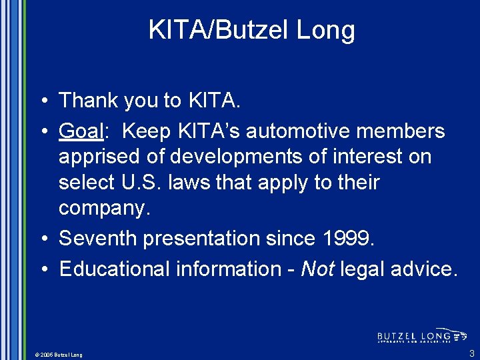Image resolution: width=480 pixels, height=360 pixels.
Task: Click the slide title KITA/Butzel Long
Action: pos(251,30)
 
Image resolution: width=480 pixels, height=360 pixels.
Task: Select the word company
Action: pos(104,207)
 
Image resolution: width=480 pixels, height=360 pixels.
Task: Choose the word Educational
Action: pos(115,269)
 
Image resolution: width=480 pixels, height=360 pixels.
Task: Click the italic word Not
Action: pos(317,269)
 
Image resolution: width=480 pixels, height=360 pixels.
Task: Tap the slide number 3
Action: pos(471,353)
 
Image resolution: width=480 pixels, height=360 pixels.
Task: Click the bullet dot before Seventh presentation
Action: pos(43,239)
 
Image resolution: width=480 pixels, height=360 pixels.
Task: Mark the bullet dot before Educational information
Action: pos(43,269)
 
